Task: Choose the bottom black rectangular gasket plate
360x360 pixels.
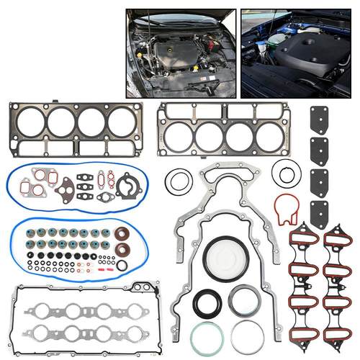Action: pos(319,214)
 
